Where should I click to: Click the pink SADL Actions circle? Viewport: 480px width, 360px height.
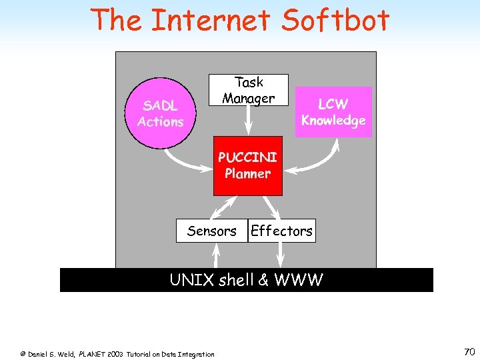click(160, 113)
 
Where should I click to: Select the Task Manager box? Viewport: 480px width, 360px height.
click(249, 90)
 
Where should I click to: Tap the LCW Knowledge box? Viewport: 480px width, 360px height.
click(333, 112)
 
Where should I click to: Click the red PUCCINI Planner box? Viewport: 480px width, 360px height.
click(247, 166)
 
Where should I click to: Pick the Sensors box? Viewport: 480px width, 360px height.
click(211, 231)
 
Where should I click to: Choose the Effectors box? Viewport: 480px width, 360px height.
click(281, 231)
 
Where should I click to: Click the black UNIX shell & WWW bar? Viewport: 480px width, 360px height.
click(246, 280)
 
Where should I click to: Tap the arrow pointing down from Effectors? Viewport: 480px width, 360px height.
click(278, 255)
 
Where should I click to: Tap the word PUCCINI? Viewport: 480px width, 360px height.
click(247, 158)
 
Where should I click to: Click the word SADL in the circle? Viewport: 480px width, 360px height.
click(160, 105)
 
